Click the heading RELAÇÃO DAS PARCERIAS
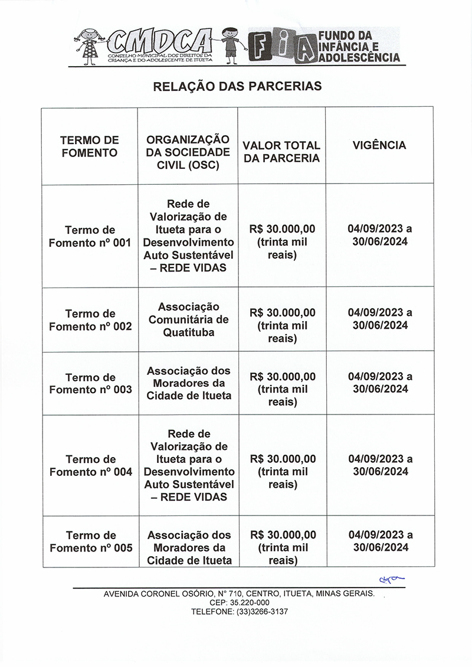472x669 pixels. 237,86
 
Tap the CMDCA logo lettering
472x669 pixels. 161,41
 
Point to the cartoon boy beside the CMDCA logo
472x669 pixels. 230,44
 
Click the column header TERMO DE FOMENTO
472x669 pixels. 90,146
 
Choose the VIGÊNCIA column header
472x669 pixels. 379,145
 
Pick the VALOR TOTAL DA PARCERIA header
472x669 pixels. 281,152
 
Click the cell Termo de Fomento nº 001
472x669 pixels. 90,236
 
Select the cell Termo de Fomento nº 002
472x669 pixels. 90,320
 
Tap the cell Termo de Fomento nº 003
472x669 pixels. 90,384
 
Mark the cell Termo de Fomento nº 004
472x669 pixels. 90,465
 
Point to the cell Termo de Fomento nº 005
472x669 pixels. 90,541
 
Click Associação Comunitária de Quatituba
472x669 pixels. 188,319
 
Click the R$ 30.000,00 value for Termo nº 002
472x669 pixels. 283,313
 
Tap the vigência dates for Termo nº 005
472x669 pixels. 380,541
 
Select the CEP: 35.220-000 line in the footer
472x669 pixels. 239,602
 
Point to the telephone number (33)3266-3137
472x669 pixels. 239,612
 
